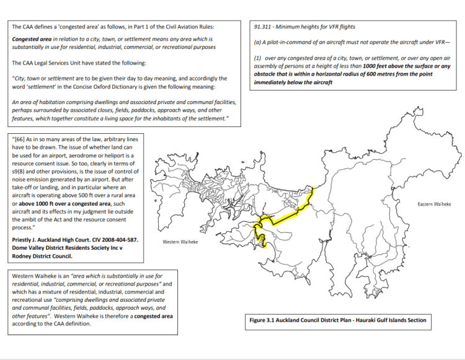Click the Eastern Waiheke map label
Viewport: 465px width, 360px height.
433,204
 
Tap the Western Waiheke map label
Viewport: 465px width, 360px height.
180,242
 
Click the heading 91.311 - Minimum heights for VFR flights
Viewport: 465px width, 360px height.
305,28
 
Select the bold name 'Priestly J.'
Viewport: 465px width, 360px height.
29,239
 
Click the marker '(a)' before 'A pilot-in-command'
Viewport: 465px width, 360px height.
259,42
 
